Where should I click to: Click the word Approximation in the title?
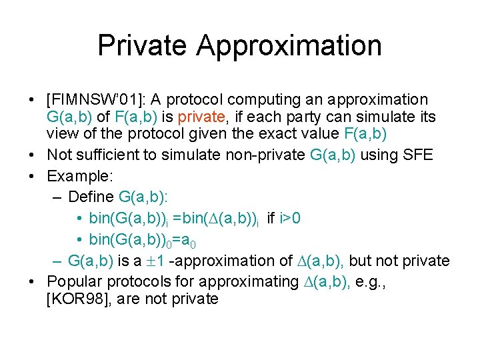click(289, 46)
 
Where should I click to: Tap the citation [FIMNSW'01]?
click(95, 100)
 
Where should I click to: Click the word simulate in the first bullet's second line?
click(379, 117)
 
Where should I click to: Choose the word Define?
click(91, 197)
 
